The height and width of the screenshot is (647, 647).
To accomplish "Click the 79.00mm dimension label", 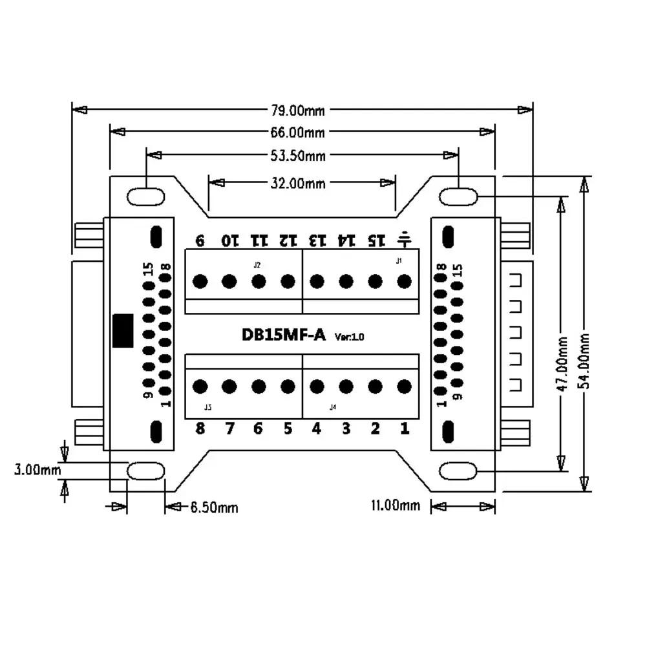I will pos(298,110).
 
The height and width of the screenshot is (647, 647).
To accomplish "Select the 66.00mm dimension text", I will pos(298,133).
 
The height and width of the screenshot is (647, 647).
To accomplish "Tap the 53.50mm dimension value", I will pos(298,155).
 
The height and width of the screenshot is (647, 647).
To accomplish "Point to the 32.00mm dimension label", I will pos(298,183).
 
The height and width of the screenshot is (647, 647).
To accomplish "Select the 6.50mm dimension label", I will pos(214,508).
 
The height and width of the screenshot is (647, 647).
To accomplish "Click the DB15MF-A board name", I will pos(283,335).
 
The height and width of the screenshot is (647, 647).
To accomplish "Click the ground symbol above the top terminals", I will pos(405,240).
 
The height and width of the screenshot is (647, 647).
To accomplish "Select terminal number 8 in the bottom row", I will pos(200,429).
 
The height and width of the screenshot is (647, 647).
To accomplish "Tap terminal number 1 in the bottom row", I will pos(405,429).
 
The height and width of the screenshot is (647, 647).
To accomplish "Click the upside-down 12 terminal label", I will pos(288,240).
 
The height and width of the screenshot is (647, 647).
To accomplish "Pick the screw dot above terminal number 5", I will pos(288,387).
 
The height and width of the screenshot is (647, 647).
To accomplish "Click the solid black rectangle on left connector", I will pos(123,331).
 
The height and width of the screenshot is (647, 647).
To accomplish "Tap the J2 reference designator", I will pos(257,265).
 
